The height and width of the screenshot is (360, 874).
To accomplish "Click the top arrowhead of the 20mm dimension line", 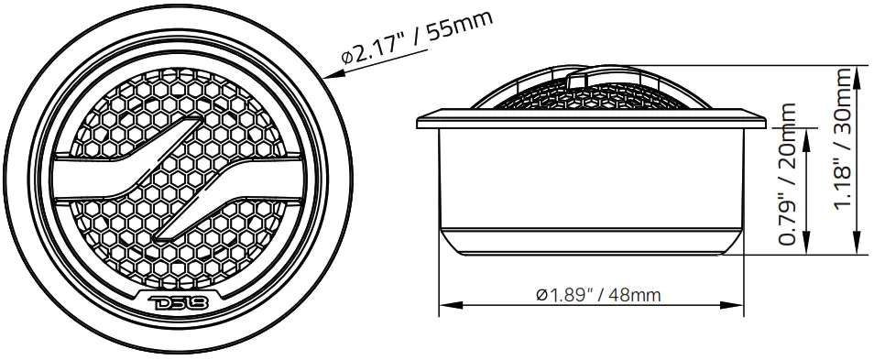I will point(806,134).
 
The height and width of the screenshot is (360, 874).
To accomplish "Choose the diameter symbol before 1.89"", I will point(541,295).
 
